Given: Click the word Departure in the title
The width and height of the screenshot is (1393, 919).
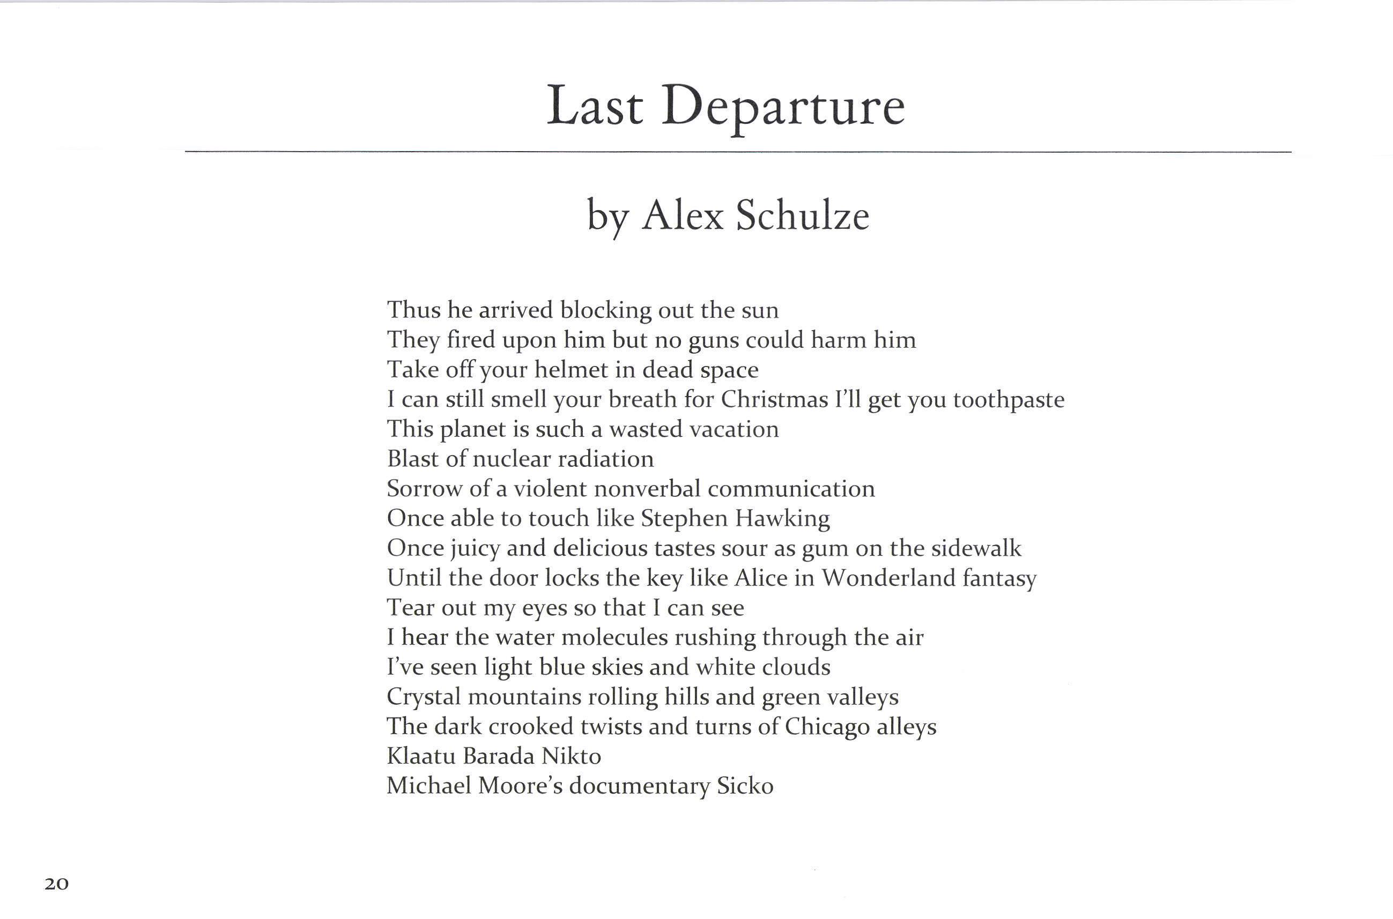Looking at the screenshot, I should [783, 107].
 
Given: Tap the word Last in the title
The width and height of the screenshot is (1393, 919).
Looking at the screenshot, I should [595, 106].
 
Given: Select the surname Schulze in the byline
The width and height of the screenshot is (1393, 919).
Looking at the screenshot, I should [802, 215].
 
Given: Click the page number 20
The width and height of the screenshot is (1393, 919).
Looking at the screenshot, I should [56, 884].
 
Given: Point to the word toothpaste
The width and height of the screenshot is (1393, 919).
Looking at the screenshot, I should [1009, 400].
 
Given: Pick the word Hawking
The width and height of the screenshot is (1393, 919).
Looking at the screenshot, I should [782, 519].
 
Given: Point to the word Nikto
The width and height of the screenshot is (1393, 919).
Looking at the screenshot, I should [571, 757].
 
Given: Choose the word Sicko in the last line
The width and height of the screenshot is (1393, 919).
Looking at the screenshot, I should [745, 787].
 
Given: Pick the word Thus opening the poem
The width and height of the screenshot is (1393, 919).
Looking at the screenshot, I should [413, 310].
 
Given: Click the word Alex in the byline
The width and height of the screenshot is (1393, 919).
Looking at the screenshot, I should [683, 215].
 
